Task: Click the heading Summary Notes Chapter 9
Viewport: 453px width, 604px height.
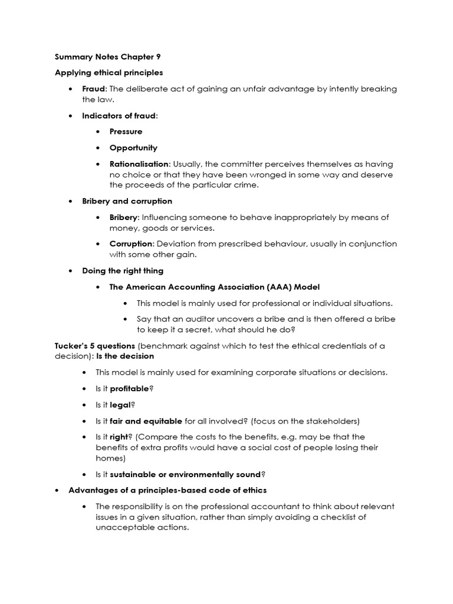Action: click(x=107, y=57)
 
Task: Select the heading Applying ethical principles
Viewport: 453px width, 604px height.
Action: click(x=109, y=73)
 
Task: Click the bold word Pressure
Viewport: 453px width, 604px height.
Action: click(x=126, y=132)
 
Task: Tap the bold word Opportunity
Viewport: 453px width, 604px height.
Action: click(x=133, y=147)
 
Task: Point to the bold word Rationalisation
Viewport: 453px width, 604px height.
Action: click(x=139, y=164)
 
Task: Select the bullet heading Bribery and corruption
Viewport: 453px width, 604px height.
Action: click(x=127, y=201)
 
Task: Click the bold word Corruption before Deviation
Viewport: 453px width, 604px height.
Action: click(x=132, y=244)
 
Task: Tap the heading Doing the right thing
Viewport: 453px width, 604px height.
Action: click(x=123, y=271)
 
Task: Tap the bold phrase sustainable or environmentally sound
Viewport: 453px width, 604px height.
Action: click(x=185, y=474)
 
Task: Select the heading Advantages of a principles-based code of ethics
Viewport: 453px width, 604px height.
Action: click(x=168, y=490)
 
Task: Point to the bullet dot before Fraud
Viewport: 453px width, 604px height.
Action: click(x=70, y=89)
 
